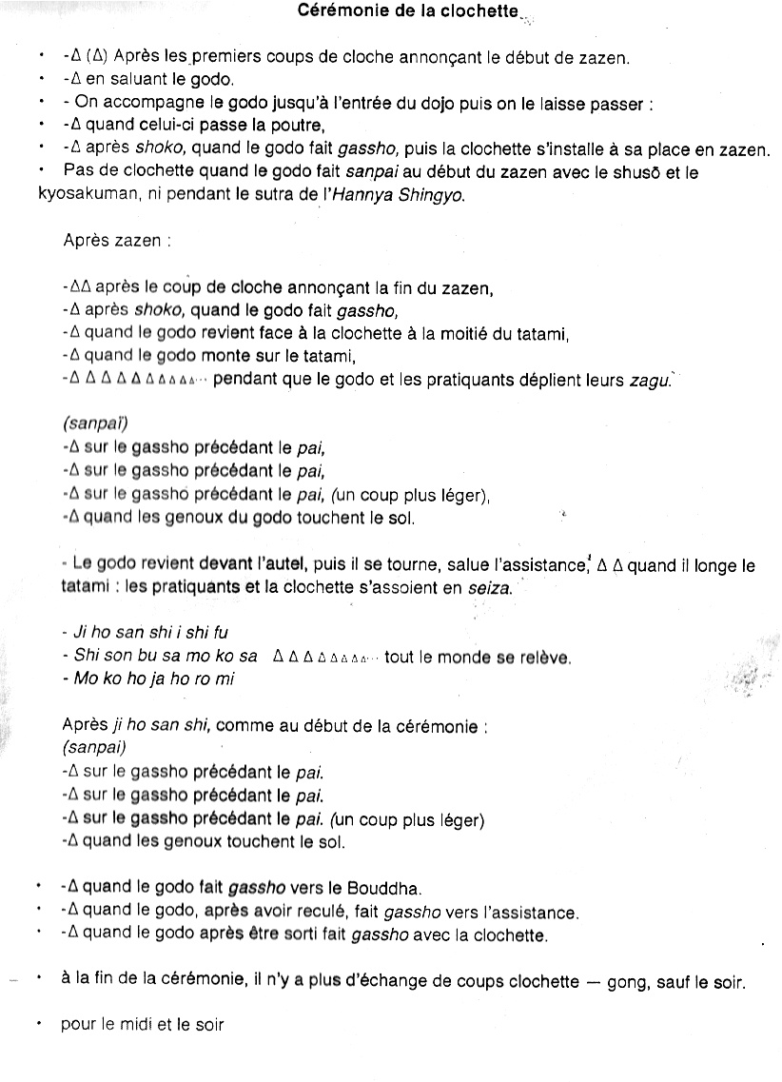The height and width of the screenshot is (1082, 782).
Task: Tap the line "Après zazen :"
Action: [117, 242]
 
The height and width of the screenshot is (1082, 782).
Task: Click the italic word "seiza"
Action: [488, 588]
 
